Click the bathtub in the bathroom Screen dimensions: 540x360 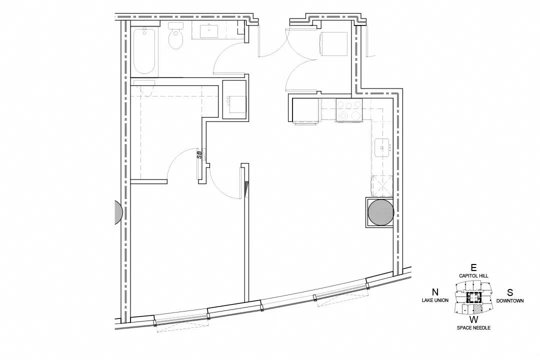click(x=144, y=51)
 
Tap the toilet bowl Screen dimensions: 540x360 click(x=175, y=38)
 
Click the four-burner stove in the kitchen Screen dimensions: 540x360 click(x=349, y=110)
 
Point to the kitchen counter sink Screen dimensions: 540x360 click(x=381, y=147)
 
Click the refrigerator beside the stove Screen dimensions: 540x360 click(x=305, y=110)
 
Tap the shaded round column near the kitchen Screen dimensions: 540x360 click(x=380, y=212)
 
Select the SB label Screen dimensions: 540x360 click(x=199, y=154)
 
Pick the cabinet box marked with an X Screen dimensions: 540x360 click(x=382, y=186)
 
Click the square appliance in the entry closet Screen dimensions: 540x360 click(x=333, y=44)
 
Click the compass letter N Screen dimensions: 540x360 click(x=435, y=292)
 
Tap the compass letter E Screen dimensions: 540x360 click(x=473, y=267)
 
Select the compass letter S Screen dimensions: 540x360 click(x=509, y=292)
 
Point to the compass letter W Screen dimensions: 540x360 click(x=474, y=319)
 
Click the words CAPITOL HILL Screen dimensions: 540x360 click(x=473, y=275)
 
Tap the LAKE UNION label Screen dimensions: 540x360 click(x=435, y=300)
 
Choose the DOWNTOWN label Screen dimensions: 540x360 click(x=509, y=300)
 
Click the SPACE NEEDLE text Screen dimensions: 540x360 click(x=473, y=327)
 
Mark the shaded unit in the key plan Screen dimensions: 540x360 click(x=477, y=308)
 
